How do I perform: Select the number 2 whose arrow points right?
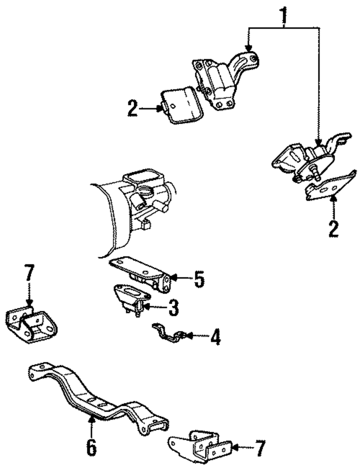click(x=133, y=109)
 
